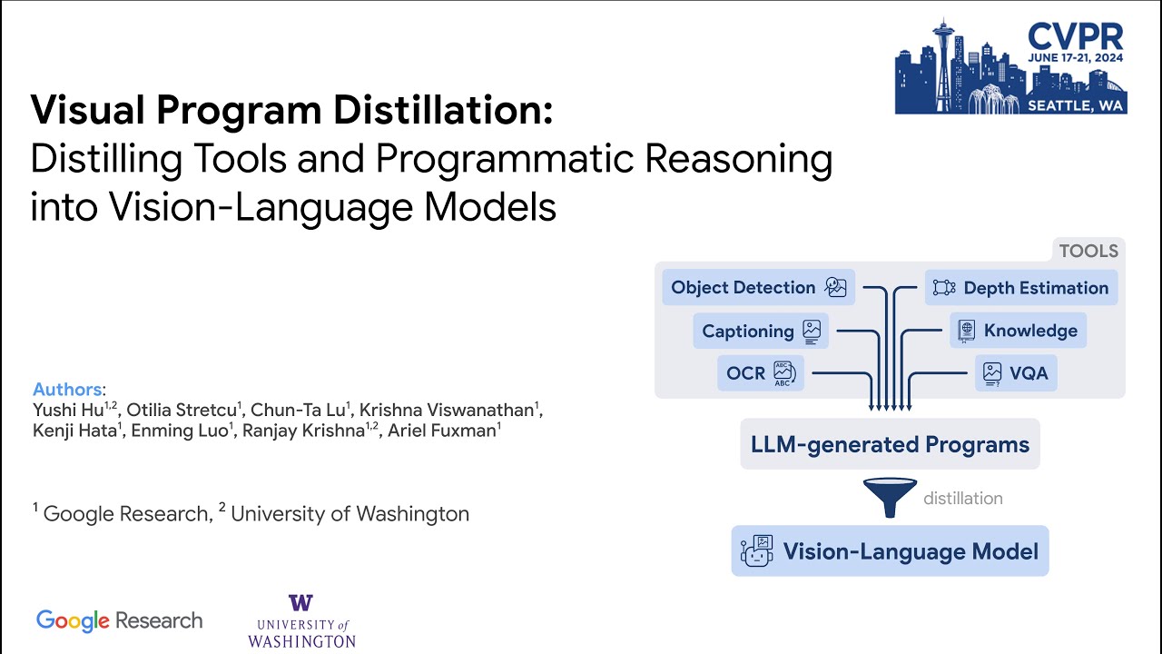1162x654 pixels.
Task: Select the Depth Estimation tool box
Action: (1021, 288)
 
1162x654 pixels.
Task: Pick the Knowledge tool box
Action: (1019, 331)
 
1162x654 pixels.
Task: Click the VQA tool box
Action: (1016, 373)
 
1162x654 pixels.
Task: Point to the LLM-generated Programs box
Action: (890, 445)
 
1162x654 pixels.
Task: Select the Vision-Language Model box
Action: (890, 550)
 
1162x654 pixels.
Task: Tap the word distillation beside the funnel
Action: (963, 498)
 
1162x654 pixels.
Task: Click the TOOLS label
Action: (1088, 251)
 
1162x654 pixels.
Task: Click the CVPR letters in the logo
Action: (1076, 36)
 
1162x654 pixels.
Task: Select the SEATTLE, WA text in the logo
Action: (1076, 105)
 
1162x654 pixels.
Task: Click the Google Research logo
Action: (119, 621)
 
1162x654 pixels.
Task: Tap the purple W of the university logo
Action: (300, 604)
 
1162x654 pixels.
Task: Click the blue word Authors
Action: (67, 390)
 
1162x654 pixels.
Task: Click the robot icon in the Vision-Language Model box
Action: (756, 550)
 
